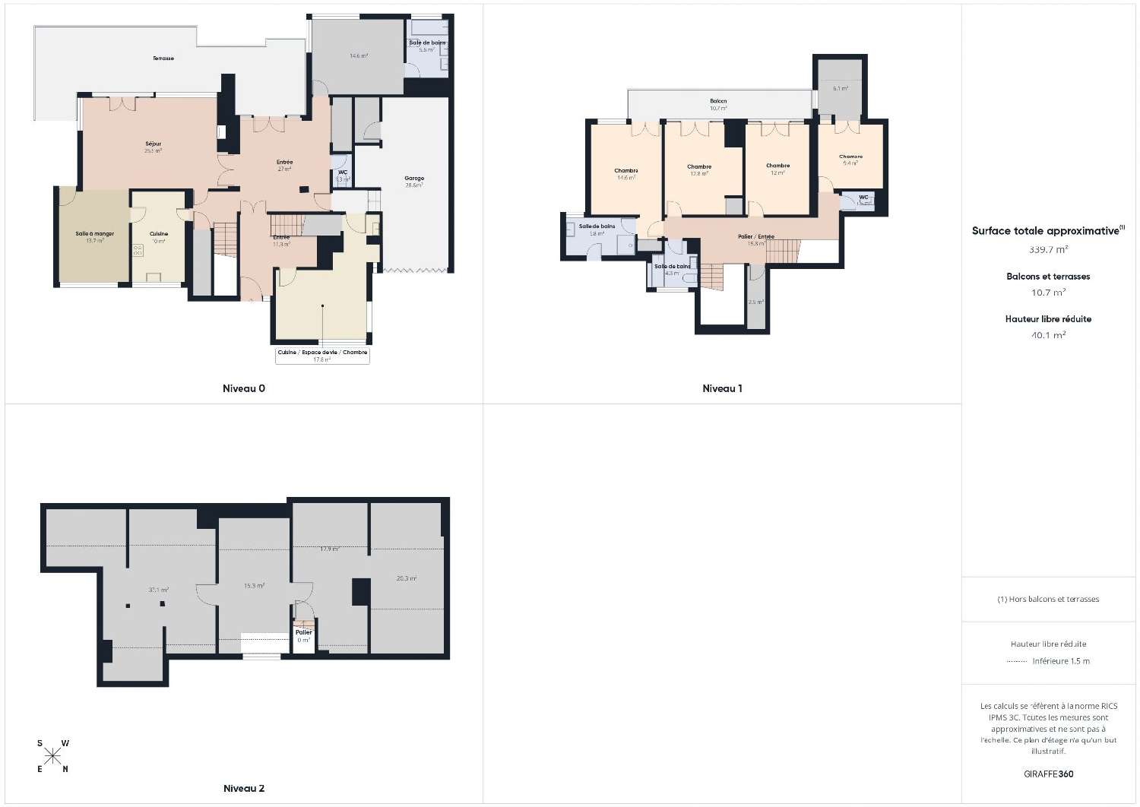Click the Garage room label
tap(414, 179)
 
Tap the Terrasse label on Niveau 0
tap(163, 59)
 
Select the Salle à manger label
tap(95, 234)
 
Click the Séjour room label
tap(154, 144)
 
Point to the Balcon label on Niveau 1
tap(718, 101)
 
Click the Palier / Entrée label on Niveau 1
tap(755, 237)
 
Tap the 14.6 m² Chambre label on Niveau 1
tap(626, 171)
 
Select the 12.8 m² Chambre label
tap(699, 167)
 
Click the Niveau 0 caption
tap(243, 388)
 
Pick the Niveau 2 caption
tap(243, 789)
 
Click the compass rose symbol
tap(52, 755)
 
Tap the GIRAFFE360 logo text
tap(1048, 774)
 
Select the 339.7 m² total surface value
tap(1048, 249)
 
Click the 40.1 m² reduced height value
tap(1048, 334)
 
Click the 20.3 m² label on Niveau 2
tap(407, 578)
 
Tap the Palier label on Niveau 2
tap(304, 632)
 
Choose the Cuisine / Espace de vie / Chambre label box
tap(322, 356)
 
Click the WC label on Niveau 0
tap(343, 172)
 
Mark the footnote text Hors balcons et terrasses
tap(1048, 599)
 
